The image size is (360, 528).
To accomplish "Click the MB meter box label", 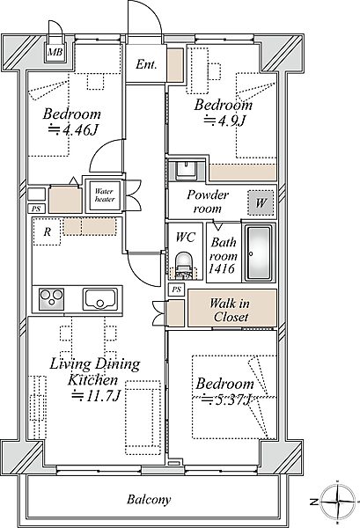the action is tap(55, 53).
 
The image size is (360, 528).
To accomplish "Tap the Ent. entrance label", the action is tap(146, 64).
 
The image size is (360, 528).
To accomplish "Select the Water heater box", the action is tap(104, 195).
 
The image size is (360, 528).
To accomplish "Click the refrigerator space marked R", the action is tap(47, 231).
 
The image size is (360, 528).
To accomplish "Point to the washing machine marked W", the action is tap(261, 202).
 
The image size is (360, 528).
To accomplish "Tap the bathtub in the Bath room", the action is tap(258, 253).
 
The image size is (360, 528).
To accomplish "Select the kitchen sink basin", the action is tap(100, 298).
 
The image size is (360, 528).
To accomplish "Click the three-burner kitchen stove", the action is tap(52, 298).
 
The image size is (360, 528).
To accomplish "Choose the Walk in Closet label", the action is tap(231, 310).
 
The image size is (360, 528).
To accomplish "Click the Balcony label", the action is tap(149, 499).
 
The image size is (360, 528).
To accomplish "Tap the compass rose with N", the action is tap(337, 502).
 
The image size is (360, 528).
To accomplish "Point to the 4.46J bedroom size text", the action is tap(73, 129).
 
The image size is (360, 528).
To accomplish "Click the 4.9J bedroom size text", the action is tap(224, 121).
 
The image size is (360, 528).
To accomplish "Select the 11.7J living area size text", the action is tap(96, 396).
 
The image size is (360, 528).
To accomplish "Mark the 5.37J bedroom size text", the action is tap(226, 400).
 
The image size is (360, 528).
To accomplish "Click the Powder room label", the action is tap(208, 202).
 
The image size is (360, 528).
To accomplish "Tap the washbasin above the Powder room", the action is tap(186, 170).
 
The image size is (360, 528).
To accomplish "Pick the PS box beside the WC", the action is tap(176, 290).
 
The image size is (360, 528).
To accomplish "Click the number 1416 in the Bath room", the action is tap(221, 268).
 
